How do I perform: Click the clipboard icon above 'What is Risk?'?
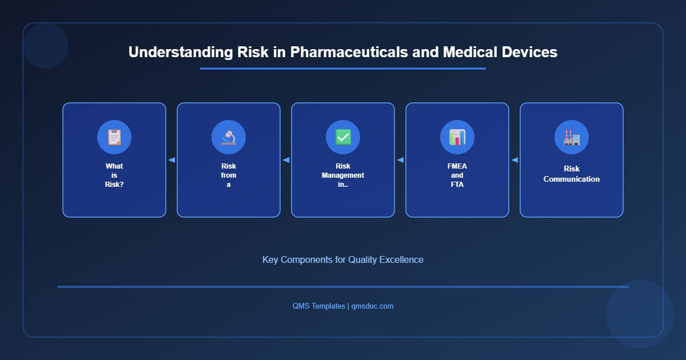[x=114, y=137]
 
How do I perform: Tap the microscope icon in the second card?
[x=229, y=137]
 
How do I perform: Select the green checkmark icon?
[x=343, y=137]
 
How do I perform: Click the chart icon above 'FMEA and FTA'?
[x=457, y=137]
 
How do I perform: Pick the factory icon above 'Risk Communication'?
[x=572, y=137]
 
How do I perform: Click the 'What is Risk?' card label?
[x=114, y=175]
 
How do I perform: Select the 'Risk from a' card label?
[x=229, y=175]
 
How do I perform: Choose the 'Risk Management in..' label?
[x=343, y=175]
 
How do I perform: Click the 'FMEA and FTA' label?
[x=457, y=175]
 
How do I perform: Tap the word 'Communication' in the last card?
[x=572, y=179]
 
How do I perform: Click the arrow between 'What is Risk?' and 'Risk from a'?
[x=171, y=160]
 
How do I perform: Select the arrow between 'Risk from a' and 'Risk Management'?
[x=286, y=160]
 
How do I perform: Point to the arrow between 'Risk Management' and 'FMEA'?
[x=400, y=160]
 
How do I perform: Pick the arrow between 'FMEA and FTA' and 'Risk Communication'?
[x=514, y=160]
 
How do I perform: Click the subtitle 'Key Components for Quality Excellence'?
[x=343, y=259]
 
